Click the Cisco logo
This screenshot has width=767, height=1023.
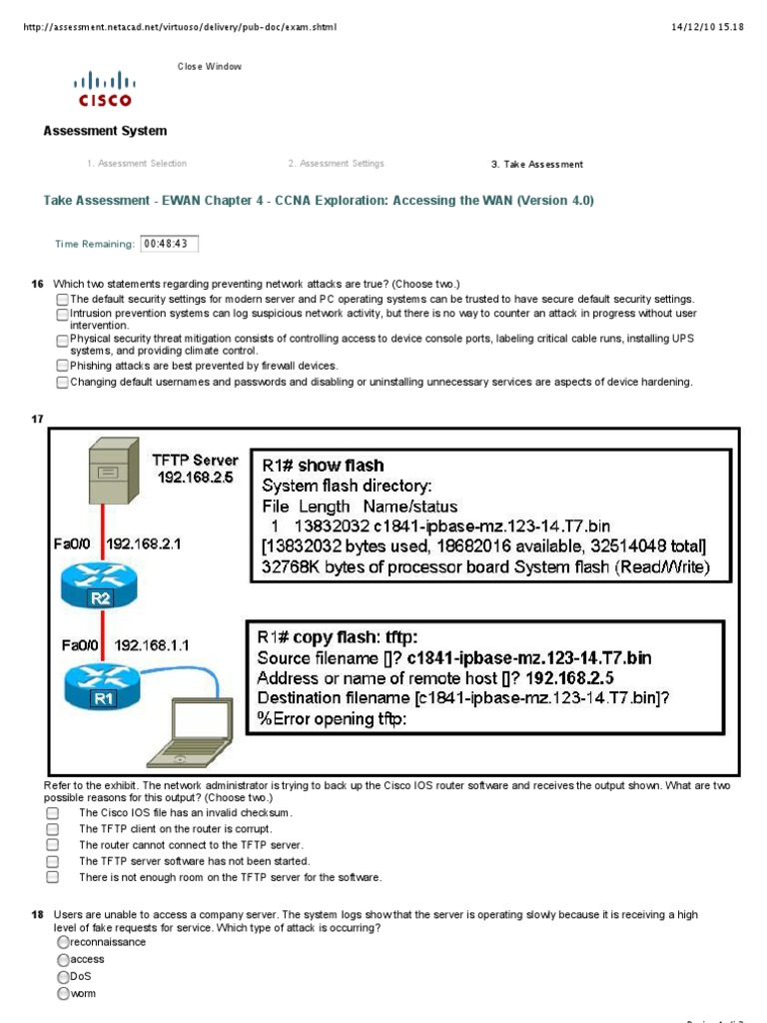point(105,87)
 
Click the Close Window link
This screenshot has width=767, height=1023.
point(209,67)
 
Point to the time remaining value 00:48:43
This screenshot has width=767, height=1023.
point(170,243)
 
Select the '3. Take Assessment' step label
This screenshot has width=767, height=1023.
point(536,164)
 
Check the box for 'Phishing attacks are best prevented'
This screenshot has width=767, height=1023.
point(62,367)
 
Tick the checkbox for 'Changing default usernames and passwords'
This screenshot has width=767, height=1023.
point(62,382)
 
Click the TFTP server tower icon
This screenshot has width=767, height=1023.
point(112,476)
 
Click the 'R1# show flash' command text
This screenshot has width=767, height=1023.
point(323,466)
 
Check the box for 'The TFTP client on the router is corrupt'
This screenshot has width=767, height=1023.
point(53,829)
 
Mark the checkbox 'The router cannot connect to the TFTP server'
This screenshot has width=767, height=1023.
point(53,845)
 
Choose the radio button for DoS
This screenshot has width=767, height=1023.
point(63,976)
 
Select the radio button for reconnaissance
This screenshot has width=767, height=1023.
point(63,942)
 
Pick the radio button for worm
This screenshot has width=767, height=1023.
point(63,993)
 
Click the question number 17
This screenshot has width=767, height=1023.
point(38,419)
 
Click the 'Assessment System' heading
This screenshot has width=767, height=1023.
point(105,131)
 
